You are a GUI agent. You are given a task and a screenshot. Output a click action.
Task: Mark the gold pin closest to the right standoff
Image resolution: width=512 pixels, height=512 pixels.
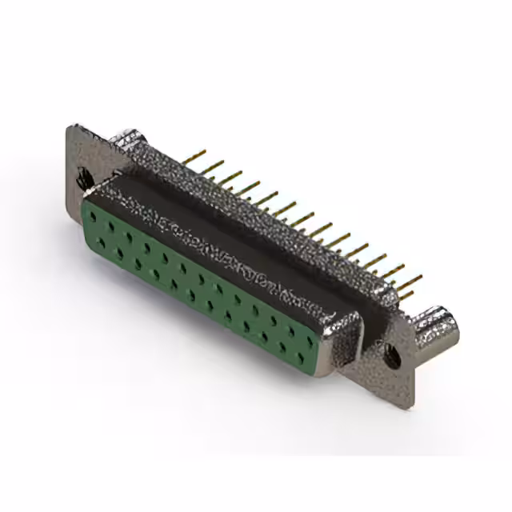[x=410, y=293]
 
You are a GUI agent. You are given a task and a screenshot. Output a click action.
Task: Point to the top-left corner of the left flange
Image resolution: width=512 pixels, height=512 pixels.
[x=71, y=128]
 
